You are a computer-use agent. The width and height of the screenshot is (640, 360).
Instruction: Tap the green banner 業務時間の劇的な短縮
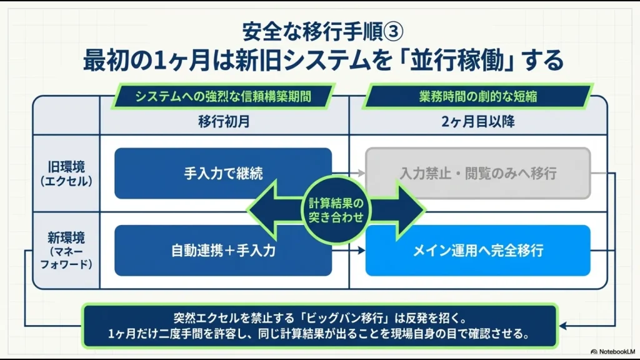click(x=478, y=96)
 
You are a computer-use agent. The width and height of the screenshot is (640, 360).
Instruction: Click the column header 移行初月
click(x=224, y=122)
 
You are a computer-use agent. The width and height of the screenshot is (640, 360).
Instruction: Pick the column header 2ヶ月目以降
click(x=478, y=122)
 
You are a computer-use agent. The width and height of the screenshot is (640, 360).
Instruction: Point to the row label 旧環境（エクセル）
click(x=66, y=174)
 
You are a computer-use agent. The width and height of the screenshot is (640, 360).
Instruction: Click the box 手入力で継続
click(x=223, y=174)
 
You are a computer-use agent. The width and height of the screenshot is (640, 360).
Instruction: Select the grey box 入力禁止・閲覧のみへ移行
click(x=478, y=174)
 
